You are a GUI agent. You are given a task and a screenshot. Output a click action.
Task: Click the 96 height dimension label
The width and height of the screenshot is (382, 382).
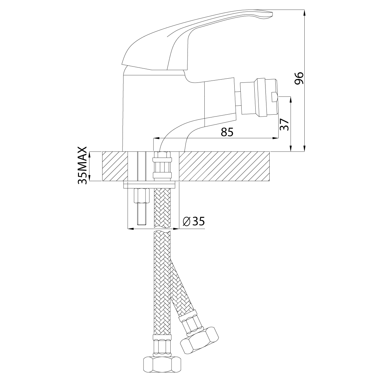pos(299,78)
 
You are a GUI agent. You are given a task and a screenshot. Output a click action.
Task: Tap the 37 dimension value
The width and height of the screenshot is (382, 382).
pos(285,124)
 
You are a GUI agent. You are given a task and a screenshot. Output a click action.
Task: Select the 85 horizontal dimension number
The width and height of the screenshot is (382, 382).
pos(227,132)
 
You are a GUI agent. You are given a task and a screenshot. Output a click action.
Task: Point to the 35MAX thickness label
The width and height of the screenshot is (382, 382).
pos(82,166)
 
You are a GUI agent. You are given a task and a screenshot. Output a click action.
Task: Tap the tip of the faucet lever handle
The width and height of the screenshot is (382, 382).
pos(273,14)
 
